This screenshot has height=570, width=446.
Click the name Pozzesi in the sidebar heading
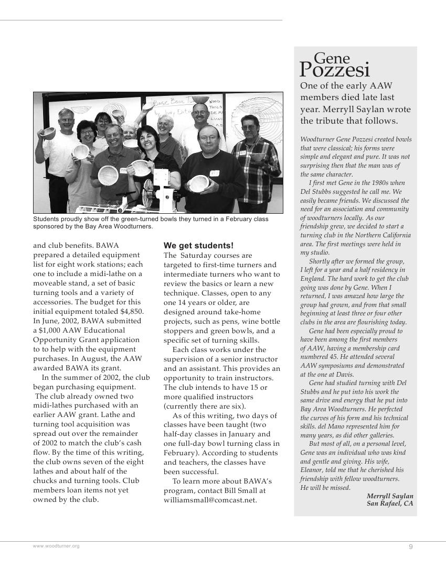[335, 70]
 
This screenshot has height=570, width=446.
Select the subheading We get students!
[198, 246]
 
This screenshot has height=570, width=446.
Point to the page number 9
[411, 546]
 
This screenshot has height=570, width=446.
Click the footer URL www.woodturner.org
[56, 546]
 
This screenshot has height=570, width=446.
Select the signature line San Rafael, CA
[390, 503]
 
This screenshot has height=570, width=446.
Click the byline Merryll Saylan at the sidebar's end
[390, 496]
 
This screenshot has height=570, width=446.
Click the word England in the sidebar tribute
[313, 279]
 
